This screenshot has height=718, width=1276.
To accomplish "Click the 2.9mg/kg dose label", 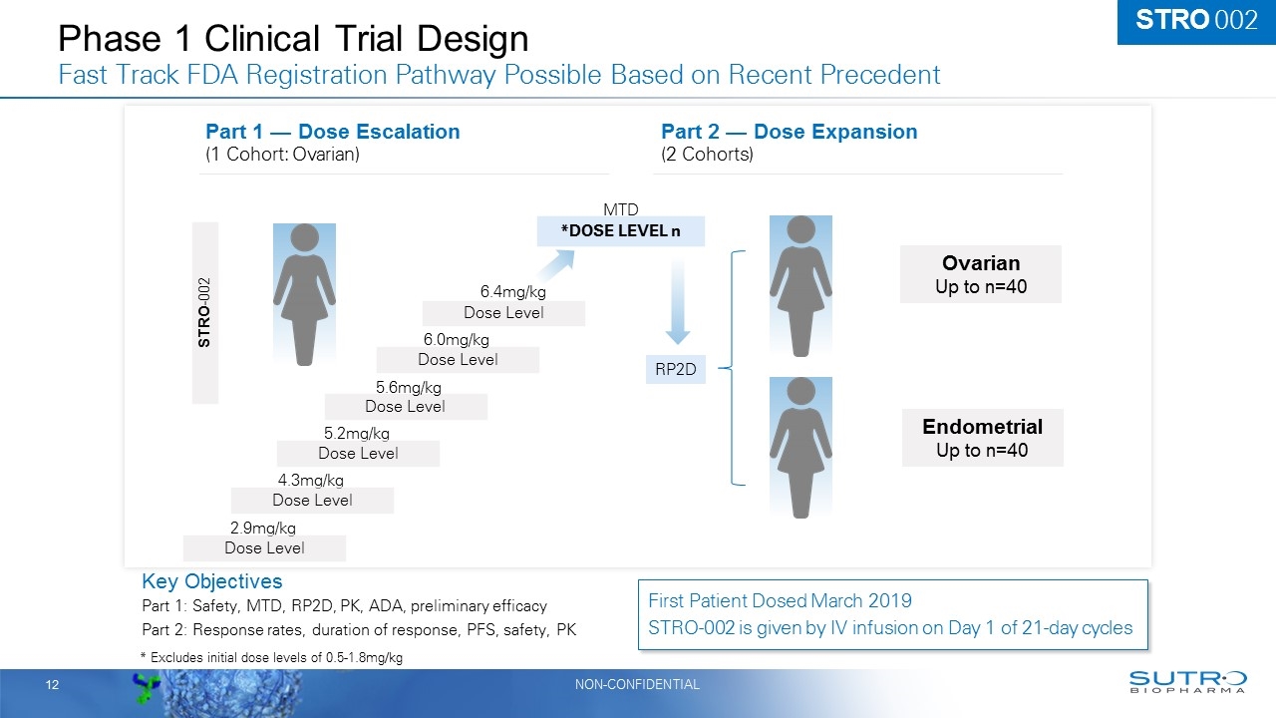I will click(263, 529).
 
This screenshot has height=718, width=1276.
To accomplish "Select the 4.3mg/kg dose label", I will click(311, 481).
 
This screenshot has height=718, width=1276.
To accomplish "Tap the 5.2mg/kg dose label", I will click(357, 434).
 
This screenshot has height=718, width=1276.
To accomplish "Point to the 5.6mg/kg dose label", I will click(409, 388).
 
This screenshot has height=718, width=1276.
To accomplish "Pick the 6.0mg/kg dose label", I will click(457, 340).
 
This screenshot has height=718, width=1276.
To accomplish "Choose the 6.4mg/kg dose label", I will click(513, 292).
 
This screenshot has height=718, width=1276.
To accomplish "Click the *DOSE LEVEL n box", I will click(620, 231).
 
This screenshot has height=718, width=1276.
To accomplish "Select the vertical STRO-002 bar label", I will click(204, 312).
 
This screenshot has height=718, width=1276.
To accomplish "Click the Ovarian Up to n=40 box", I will click(980, 274).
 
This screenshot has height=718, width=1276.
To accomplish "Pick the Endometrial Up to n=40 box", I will click(982, 438).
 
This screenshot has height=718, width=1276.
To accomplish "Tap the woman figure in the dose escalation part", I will click(304, 294).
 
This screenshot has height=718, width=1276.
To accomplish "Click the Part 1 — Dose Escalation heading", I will click(332, 132).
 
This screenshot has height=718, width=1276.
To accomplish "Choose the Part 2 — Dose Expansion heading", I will click(789, 132).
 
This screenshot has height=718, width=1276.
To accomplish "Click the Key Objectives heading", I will click(211, 581).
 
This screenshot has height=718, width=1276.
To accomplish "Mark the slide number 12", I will click(51, 684).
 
